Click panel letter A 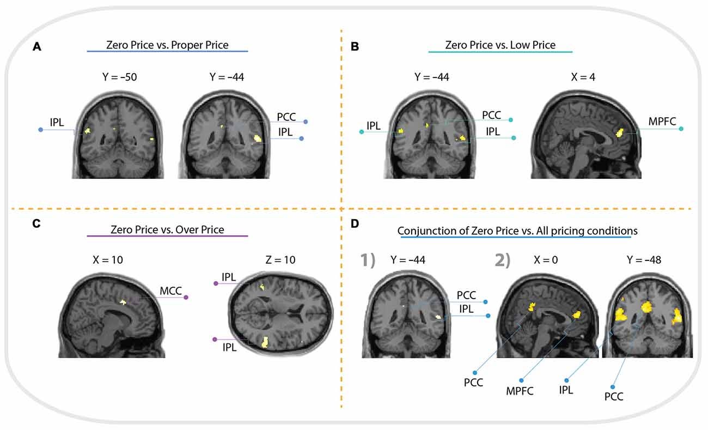pyautogui.click(x=37, y=47)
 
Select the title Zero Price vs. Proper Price pyautogui.click(x=167, y=45)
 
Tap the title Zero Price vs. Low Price pyautogui.click(x=500, y=45)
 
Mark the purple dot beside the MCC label pyautogui.click(x=186, y=298)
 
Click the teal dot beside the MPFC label pyautogui.click(x=681, y=129)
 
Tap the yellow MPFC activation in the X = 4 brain pyautogui.click(x=619, y=131)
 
